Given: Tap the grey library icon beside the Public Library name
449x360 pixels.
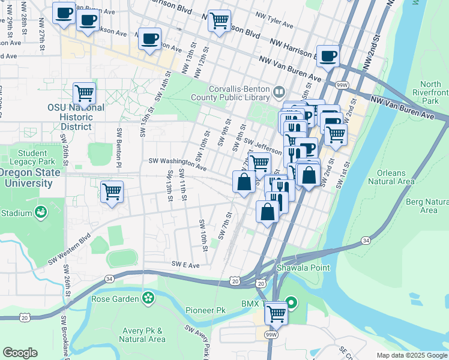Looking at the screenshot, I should tap(279, 92).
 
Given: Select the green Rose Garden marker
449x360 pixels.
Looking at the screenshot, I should tap(148, 298).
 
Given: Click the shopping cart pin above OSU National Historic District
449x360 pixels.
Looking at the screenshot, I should tap(85, 94).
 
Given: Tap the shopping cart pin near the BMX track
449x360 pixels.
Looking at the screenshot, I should tap(276, 312).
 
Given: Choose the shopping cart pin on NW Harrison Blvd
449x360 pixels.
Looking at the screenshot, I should tap(219, 21).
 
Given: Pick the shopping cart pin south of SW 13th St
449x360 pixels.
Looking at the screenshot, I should tap(112, 191).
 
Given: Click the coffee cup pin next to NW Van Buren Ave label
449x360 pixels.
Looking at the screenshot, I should tap(328, 56).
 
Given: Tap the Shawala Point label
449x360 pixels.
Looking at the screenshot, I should tap(303, 268).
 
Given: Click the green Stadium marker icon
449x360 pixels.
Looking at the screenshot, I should tap(41, 212).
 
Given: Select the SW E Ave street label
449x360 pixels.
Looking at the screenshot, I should tap(185, 264).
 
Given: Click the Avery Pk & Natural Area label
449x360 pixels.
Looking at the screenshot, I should tap(141, 335).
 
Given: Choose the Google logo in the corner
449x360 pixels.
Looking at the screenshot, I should tap(20, 353).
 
